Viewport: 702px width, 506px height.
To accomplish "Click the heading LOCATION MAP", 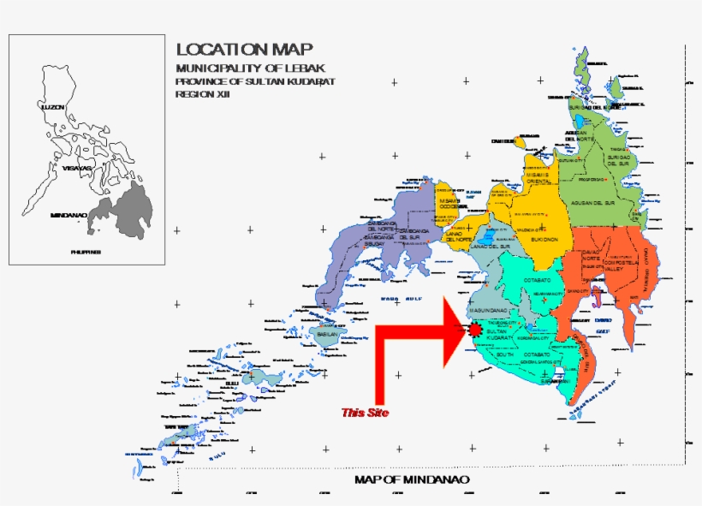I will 244,49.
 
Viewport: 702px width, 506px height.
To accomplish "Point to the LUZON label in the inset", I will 53,106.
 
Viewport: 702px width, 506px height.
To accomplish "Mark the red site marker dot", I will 475,329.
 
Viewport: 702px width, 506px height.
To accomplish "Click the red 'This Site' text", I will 365,413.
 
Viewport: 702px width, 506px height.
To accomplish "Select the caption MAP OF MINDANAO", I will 412,479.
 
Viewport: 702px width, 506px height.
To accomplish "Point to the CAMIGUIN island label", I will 502,140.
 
